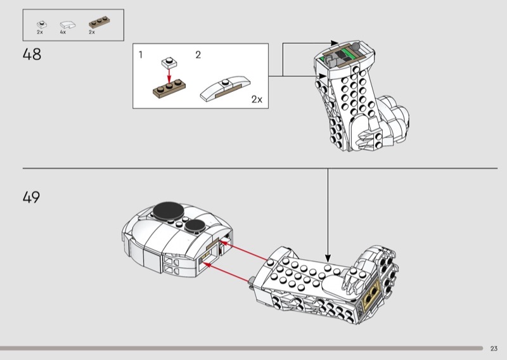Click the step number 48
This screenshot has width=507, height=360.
point(32,55)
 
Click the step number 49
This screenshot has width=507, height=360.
point(32,197)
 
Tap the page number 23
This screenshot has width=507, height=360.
point(494,348)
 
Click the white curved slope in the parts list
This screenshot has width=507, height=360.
point(65,24)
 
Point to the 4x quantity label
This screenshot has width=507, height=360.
point(63,32)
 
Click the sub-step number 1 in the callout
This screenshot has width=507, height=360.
point(141,55)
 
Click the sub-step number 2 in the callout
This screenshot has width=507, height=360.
point(198,55)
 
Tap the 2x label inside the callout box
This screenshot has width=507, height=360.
point(257,100)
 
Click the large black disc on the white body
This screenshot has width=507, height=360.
point(167,210)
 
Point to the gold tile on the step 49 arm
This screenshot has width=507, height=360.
point(372,291)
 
